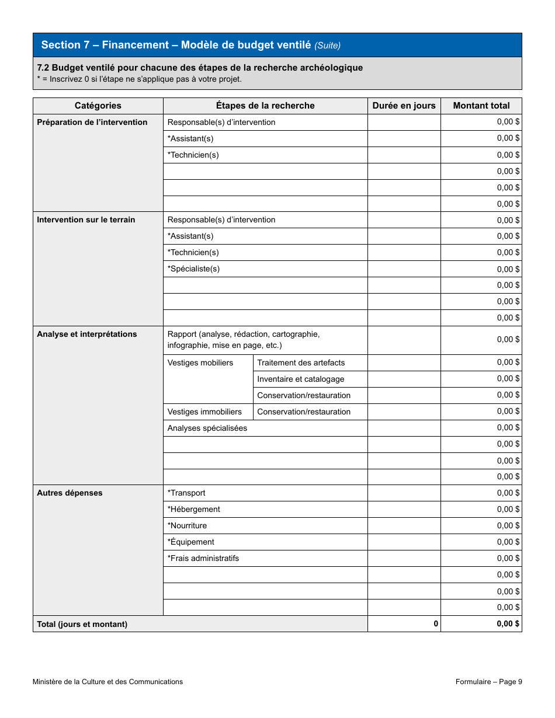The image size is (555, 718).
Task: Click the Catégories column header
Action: pyautogui.click(x=98, y=106)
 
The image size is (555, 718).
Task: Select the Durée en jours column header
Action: pyautogui.click(x=404, y=106)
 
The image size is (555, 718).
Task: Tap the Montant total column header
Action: pyautogui.click(x=481, y=106)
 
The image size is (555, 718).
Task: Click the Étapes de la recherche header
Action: pyautogui.click(x=265, y=106)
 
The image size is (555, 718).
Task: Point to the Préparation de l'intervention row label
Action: pyautogui.click(x=92, y=122)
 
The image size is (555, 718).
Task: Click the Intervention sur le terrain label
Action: pyautogui.click(x=86, y=219)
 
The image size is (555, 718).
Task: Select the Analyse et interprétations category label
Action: pyautogui.click(x=87, y=334)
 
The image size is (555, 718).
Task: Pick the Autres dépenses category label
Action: pyautogui.click(x=70, y=493)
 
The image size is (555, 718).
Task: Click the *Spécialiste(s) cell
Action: pyautogui.click(x=193, y=269)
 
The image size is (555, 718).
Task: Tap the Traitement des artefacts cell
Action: pyautogui.click(x=301, y=363)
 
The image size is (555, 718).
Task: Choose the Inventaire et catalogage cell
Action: pyautogui.click(x=300, y=379)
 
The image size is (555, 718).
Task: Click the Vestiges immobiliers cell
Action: pyautogui.click(x=204, y=412)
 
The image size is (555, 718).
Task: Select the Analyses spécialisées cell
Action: pyautogui.click(x=207, y=428)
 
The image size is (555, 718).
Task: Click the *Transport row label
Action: pyautogui.click(x=186, y=493)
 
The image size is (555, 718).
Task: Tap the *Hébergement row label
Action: pyautogui.click(x=194, y=509)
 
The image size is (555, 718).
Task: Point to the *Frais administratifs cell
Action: pyautogui.click(x=203, y=558)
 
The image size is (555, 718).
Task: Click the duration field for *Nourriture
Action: pyautogui.click(x=404, y=525)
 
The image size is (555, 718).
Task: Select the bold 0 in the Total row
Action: pyautogui.click(x=436, y=623)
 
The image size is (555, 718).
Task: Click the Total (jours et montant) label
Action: pyautogui.click(x=82, y=624)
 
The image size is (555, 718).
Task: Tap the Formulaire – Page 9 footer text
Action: pyautogui.click(x=488, y=681)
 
